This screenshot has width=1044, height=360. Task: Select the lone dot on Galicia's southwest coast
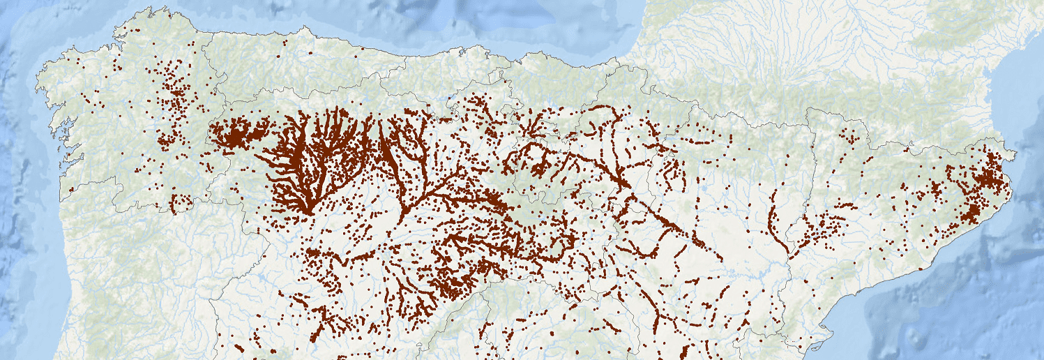pyautogui.click(x=70, y=189)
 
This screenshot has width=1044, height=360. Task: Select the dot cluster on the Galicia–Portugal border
pyautogui.click(x=180, y=203)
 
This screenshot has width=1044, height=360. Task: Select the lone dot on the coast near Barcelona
pyautogui.click(x=921, y=269)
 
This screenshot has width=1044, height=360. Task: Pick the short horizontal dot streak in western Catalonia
pyautogui.click(x=842, y=207)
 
